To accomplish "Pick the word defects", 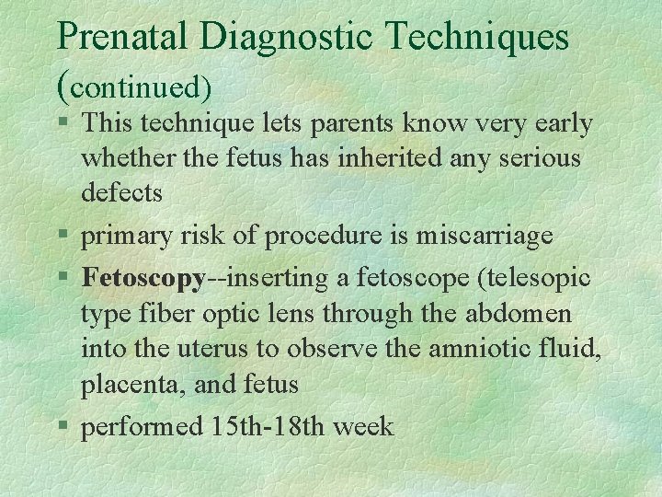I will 121,193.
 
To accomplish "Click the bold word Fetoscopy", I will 143,278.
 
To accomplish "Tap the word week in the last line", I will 364,427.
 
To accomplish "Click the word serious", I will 539,158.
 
